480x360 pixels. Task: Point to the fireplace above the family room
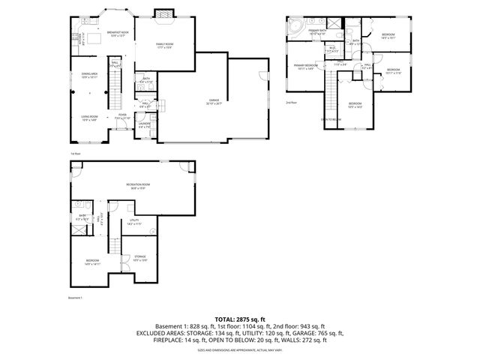pyautogui.click(x=164, y=15)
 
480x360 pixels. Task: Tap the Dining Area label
pyautogui.click(x=90, y=76)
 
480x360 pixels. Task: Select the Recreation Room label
pyautogui.click(x=135, y=186)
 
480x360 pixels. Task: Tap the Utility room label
pyautogui.click(x=134, y=223)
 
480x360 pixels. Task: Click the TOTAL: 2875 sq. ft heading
pyautogui.click(x=239, y=319)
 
